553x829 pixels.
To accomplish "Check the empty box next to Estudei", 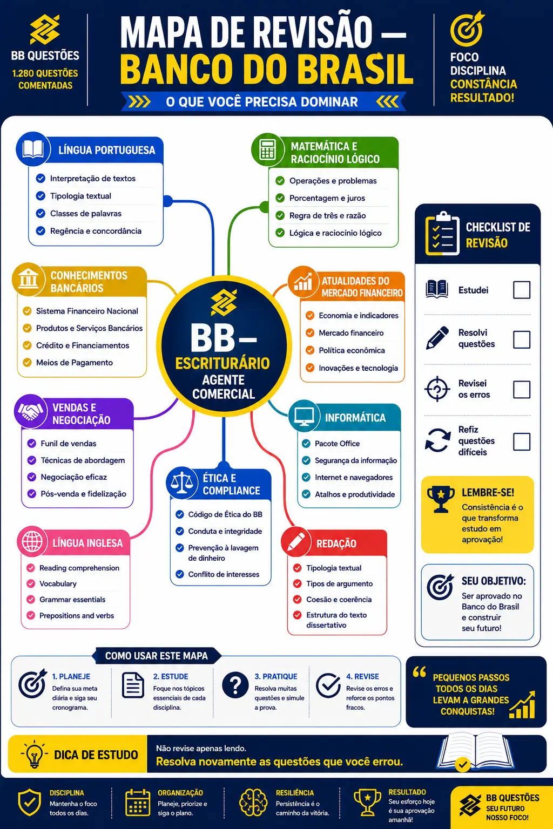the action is coord(522,289).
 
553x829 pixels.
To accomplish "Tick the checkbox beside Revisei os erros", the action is coord(522,389).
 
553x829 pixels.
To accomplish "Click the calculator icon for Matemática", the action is coord(267,149).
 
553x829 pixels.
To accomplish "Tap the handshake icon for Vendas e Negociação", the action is coord(30,411).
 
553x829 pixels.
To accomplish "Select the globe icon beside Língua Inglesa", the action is coord(32,541).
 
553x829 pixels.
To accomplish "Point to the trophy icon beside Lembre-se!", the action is coord(441,499).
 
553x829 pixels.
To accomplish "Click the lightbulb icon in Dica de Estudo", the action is coord(34,754).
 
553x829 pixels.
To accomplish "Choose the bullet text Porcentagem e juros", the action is coord(327,198).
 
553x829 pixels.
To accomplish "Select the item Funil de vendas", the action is coord(68,443).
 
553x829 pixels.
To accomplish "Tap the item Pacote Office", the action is coord(337,443).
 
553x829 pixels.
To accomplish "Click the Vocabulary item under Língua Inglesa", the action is coord(58,583).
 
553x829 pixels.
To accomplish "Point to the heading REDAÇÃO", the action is coord(336,543).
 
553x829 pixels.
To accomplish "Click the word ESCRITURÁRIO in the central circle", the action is coord(222,363).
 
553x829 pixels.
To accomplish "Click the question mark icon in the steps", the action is coord(235,685).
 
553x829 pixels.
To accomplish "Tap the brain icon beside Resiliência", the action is coord(253,802).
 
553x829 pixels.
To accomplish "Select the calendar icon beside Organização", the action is coord(138,802).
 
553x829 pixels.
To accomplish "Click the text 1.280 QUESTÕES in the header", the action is coord(45,73).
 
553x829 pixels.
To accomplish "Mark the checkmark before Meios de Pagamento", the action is coord(27,362).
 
